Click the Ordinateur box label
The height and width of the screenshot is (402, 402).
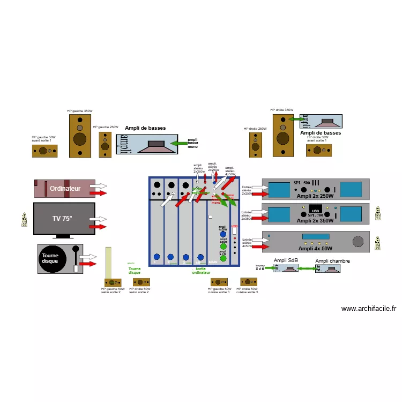click(x=65, y=189)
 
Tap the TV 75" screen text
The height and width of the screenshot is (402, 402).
click(x=62, y=218)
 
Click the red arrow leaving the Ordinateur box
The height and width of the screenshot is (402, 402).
click(x=99, y=192)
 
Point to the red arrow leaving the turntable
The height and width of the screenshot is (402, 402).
click(x=88, y=264)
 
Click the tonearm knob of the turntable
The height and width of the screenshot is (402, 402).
click(x=76, y=249)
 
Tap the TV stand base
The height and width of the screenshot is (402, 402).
click(x=64, y=236)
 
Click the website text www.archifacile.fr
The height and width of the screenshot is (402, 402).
click(x=368, y=308)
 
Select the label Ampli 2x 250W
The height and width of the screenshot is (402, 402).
click(x=315, y=196)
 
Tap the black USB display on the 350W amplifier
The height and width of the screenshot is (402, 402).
click(x=315, y=210)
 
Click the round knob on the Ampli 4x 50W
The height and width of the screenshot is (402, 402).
click(x=358, y=242)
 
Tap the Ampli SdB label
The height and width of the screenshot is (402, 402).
click(x=285, y=260)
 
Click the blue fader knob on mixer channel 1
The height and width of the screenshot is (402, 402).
click(x=157, y=257)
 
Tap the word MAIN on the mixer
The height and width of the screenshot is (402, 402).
click(x=212, y=263)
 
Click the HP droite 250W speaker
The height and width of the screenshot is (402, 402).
click(x=256, y=145)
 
